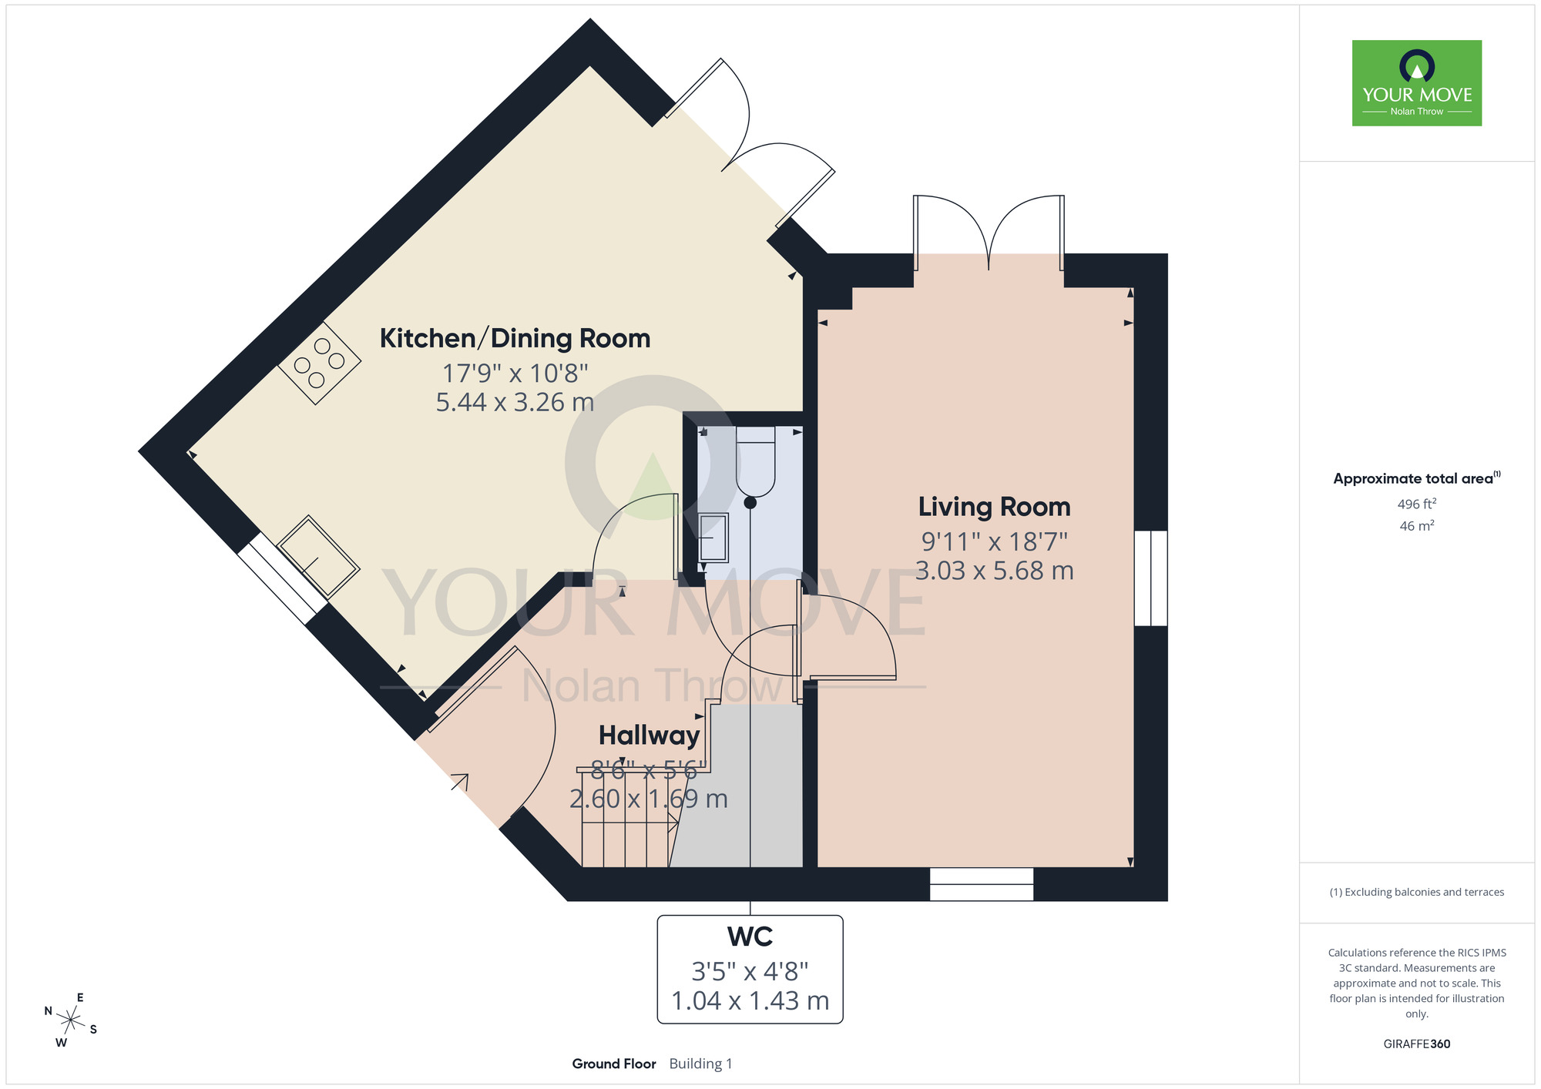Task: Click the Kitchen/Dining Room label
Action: coord(515,339)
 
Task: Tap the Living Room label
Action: coord(994,507)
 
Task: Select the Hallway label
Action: coord(649,736)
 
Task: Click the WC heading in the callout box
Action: coord(750,937)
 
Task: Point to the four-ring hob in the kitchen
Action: coord(319,363)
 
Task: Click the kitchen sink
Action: coord(317,557)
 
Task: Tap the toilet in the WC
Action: coord(755,461)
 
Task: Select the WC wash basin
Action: coord(713,538)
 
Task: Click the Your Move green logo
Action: coord(1416,83)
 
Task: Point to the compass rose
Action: coord(70,1021)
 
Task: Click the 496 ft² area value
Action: coord(1416,504)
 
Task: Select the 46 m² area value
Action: coord(1416,526)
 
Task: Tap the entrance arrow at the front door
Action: coord(460,782)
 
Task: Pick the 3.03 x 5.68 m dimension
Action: coord(994,571)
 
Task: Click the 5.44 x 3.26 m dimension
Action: coord(515,402)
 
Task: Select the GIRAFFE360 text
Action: coord(1416,1044)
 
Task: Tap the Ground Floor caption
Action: coord(614,1064)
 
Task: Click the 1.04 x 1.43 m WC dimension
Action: coord(750,1000)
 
